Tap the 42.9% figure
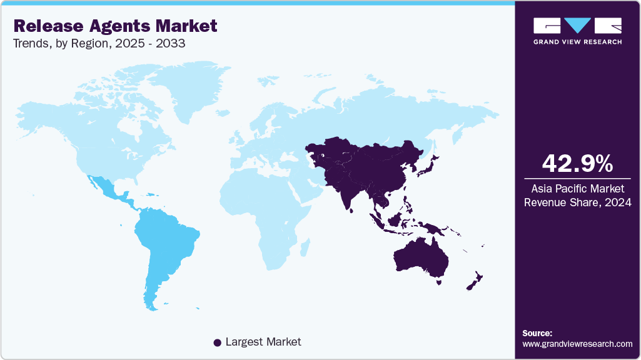577,164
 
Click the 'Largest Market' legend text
263,342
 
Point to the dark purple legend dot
217,342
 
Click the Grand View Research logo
577,31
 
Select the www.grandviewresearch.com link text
577,344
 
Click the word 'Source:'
537,333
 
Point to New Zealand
473,281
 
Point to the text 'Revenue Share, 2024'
577,202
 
